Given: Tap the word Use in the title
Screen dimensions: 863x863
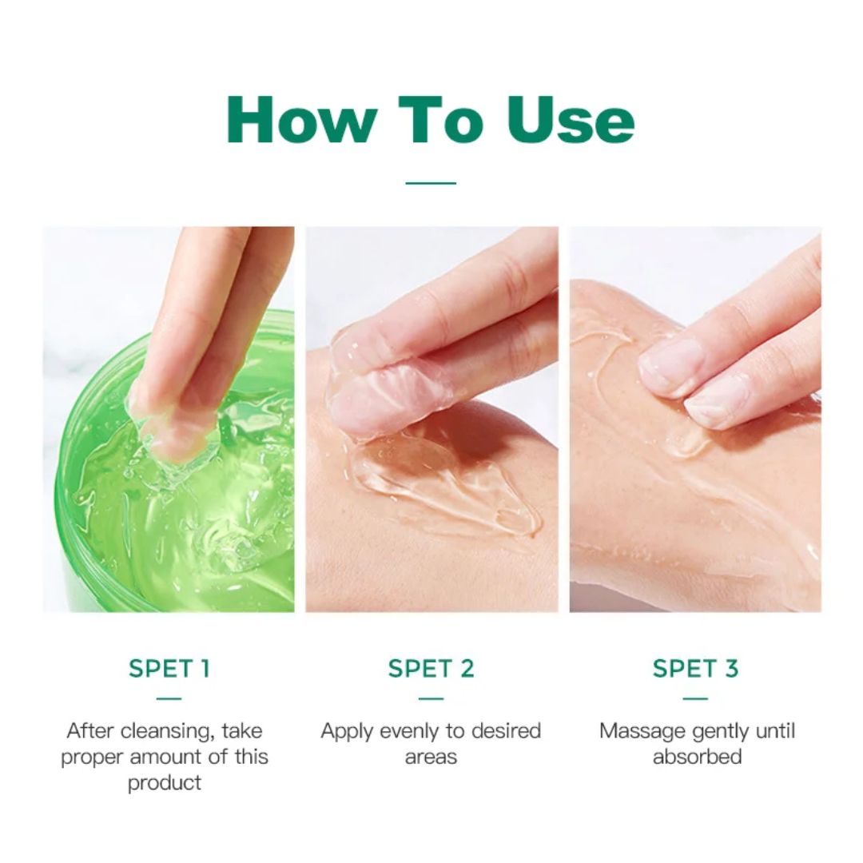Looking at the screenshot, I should [x=571, y=120].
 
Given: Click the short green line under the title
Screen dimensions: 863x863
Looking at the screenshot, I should [x=431, y=183].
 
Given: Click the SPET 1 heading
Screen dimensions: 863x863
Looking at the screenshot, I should [x=169, y=669].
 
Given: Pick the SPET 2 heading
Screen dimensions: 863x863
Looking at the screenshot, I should [x=431, y=669].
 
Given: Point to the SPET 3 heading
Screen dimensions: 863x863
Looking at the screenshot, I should [x=695, y=669].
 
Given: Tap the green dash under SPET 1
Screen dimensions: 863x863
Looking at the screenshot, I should [x=169, y=698].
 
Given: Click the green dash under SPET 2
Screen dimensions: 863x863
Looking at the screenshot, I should [x=431, y=698].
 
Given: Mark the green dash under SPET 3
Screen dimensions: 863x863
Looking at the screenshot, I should [x=695, y=698].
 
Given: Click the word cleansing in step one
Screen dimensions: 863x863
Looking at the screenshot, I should [x=166, y=730].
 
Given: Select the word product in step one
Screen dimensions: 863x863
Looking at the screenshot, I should [x=165, y=782].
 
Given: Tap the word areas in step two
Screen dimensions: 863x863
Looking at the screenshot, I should [x=431, y=757].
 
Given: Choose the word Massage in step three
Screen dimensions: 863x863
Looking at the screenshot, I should [x=642, y=730].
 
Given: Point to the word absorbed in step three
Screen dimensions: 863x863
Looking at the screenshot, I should [x=697, y=757].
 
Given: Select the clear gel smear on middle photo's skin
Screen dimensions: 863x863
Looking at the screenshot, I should [x=447, y=487].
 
